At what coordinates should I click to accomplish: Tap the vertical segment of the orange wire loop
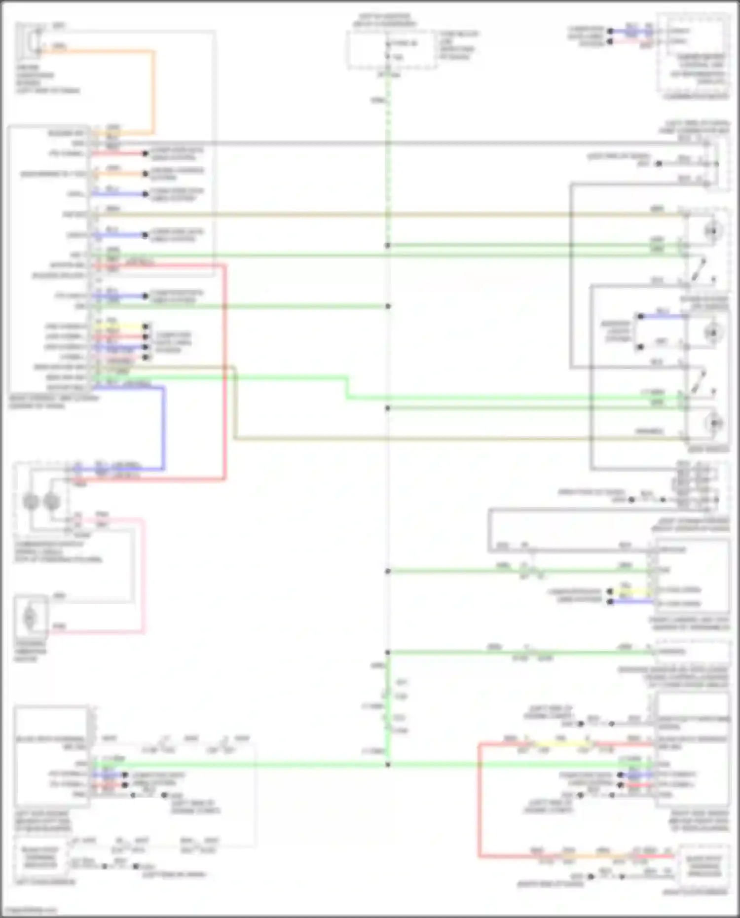click(153, 91)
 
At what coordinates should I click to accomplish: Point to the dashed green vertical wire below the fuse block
click(388, 148)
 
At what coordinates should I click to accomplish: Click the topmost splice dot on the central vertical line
click(388, 245)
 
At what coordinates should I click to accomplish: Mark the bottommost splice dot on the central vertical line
click(388, 765)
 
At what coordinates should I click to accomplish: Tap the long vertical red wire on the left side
click(225, 370)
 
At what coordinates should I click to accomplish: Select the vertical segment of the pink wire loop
click(144, 575)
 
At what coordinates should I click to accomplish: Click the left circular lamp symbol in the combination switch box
click(31, 502)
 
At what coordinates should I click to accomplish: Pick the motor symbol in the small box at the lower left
click(30, 617)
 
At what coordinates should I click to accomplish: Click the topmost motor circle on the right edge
click(712, 231)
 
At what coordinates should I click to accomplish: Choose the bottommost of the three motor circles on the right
click(713, 423)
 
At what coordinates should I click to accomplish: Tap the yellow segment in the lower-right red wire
click(560, 743)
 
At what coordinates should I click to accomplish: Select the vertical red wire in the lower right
click(479, 799)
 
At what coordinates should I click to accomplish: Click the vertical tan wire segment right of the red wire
click(234, 402)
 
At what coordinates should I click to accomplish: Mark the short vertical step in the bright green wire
click(347, 388)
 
